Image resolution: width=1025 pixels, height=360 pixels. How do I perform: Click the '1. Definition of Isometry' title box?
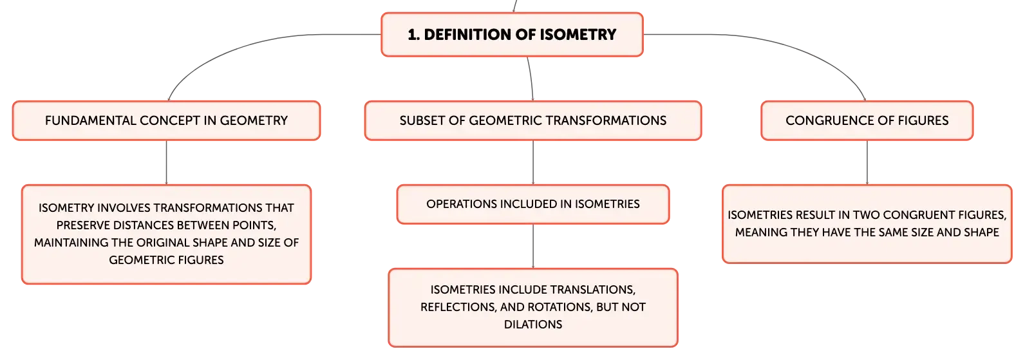512,35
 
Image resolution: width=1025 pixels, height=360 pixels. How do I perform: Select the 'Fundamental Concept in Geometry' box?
166,121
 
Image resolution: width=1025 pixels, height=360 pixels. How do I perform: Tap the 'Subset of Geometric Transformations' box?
533,121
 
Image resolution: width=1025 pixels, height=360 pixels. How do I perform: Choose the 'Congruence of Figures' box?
867,121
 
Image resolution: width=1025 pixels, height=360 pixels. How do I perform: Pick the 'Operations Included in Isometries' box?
533,204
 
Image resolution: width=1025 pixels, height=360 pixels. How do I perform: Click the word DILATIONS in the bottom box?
533,325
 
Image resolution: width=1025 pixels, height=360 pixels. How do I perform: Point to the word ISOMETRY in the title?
578,34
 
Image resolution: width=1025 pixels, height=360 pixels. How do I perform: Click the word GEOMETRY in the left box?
254,120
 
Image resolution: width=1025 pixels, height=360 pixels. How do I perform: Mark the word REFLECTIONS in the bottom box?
458,307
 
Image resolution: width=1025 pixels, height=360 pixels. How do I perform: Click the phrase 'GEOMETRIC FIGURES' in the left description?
166,260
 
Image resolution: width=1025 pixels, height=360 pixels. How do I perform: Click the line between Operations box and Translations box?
533,246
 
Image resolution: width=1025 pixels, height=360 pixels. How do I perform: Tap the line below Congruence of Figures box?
867,162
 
